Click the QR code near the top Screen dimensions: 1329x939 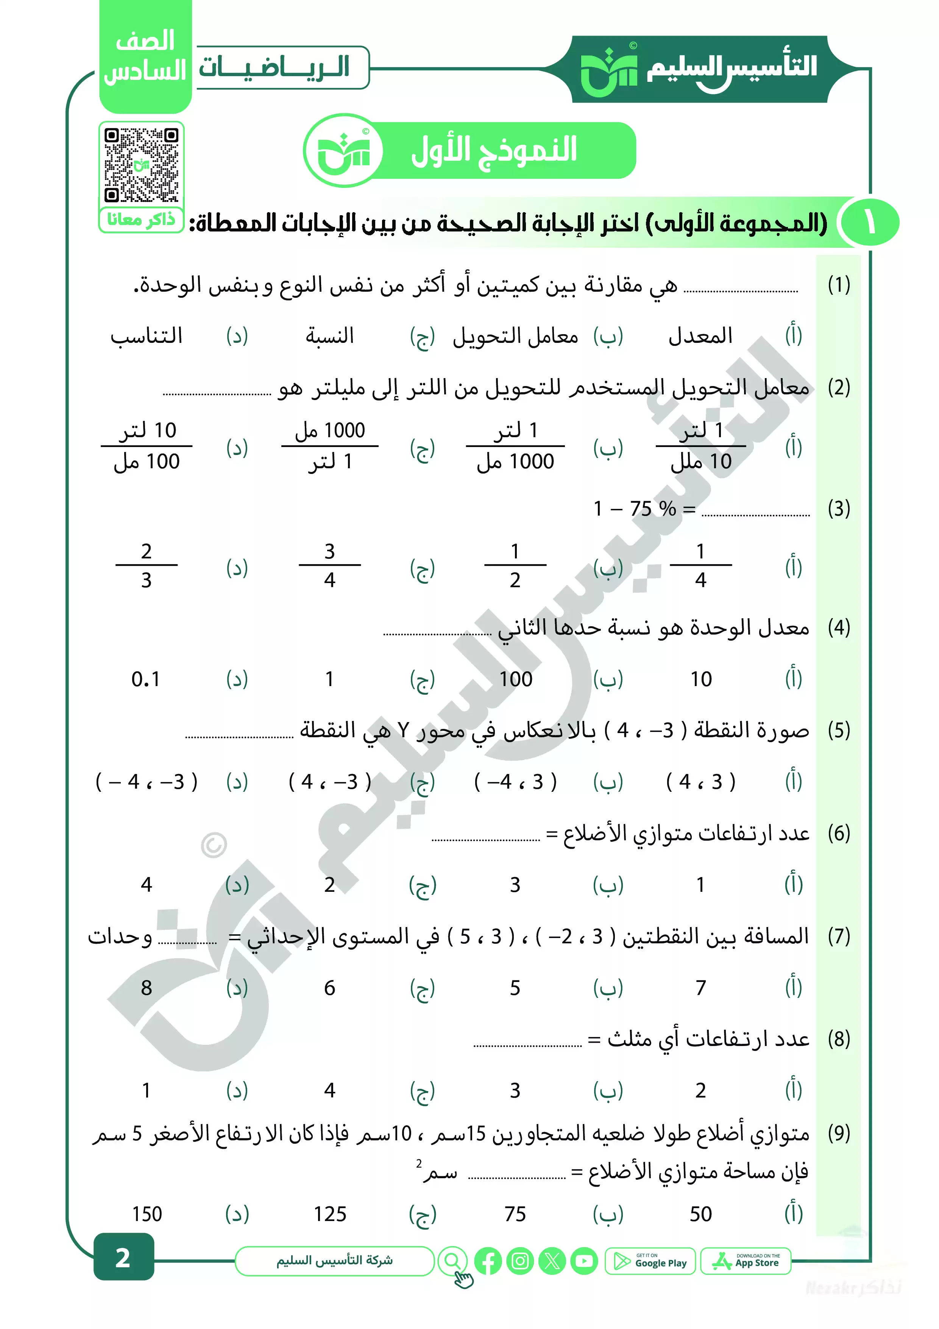point(141,165)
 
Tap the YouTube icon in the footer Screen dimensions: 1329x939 point(584,1261)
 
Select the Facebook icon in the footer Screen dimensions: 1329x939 point(488,1261)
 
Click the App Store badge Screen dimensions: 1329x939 point(746,1261)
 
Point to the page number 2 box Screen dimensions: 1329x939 point(123,1257)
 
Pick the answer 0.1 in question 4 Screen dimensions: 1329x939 point(146,679)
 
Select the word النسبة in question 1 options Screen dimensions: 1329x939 point(330,336)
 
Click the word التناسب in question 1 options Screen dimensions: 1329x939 point(147,336)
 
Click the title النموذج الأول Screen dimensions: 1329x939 point(493,150)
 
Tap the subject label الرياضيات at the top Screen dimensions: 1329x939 point(274,67)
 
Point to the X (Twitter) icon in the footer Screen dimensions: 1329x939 point(552,1261)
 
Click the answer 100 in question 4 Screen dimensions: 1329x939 point(515,679)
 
